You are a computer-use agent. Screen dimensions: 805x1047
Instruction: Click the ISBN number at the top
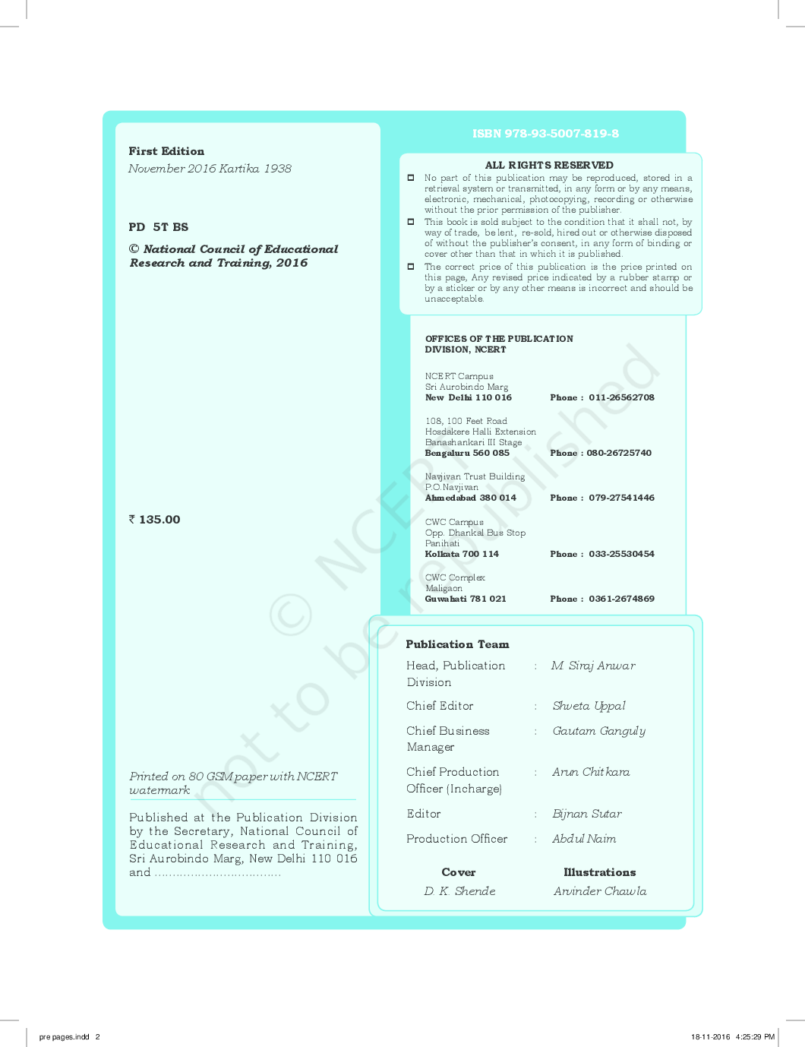click(x=545, y=134)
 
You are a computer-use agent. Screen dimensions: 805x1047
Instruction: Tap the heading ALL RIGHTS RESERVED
click(x=549, y=165)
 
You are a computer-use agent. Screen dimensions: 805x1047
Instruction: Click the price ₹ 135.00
click(x=155, y=520)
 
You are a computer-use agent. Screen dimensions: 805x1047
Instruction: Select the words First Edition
click(x=166, y=151)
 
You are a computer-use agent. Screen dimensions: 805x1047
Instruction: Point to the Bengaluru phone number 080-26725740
click(x=619, y=453)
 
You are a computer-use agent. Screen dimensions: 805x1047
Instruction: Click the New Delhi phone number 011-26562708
click(x=621, y=397)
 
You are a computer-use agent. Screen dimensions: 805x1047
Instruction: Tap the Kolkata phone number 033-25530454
click(x=621, y=554)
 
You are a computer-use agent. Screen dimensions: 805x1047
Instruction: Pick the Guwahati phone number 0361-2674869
click(x=621, y=599)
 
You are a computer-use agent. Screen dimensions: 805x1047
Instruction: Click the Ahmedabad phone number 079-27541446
click(x=621, y=498)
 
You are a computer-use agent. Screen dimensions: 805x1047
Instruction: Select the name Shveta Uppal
click(x=589, y=706)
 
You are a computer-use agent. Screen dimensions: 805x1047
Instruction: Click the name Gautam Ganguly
click(x=599, y=731)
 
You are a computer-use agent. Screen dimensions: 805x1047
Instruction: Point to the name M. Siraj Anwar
click(x=593, y=666)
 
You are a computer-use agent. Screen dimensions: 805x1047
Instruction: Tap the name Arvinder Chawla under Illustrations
click(x=600, y=891)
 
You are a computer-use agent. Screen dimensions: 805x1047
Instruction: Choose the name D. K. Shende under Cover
click(x=459, y=891)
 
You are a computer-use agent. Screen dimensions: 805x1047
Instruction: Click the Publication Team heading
click(x=457, y=644)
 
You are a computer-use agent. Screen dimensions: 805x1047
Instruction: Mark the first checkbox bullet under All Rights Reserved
click(x=411, y=178)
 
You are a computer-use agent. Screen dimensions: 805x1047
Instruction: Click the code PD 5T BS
click(x=159, y=227)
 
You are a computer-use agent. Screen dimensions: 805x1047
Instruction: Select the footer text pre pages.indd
click(x=65, y=1036)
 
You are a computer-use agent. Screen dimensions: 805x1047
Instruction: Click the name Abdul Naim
click(x=584, y=839)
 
